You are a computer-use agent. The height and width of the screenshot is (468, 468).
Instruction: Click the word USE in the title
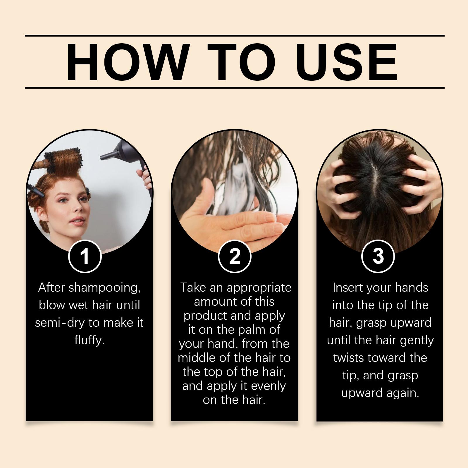pos(348,62)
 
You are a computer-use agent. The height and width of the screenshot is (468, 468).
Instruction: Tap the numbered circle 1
pos(85,256)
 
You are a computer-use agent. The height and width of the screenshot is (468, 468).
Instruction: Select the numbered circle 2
pos(235,256)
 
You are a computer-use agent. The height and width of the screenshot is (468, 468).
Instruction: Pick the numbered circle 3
pos(378,256)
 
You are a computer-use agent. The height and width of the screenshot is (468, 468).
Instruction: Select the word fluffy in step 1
pos(89,340)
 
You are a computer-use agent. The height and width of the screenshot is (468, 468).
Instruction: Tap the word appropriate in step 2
pos(259,288)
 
